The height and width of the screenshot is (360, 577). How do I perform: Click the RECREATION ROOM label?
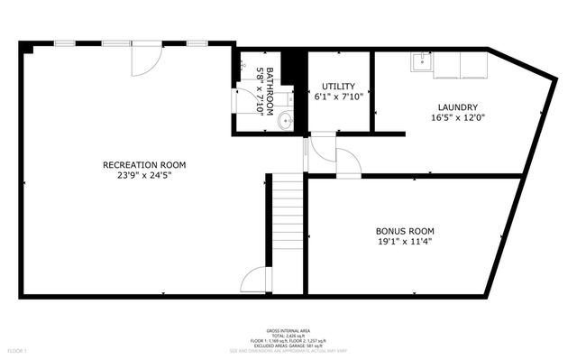pos(144,164)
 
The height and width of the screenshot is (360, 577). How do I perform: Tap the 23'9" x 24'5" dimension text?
pos(144,175)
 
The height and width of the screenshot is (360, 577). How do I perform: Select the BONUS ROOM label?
pos(405,230)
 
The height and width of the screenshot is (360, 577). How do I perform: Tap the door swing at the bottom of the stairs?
pos(258,279)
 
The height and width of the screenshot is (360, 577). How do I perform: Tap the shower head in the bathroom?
pos(243,65)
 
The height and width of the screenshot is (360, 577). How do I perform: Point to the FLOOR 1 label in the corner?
pos(17,349)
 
